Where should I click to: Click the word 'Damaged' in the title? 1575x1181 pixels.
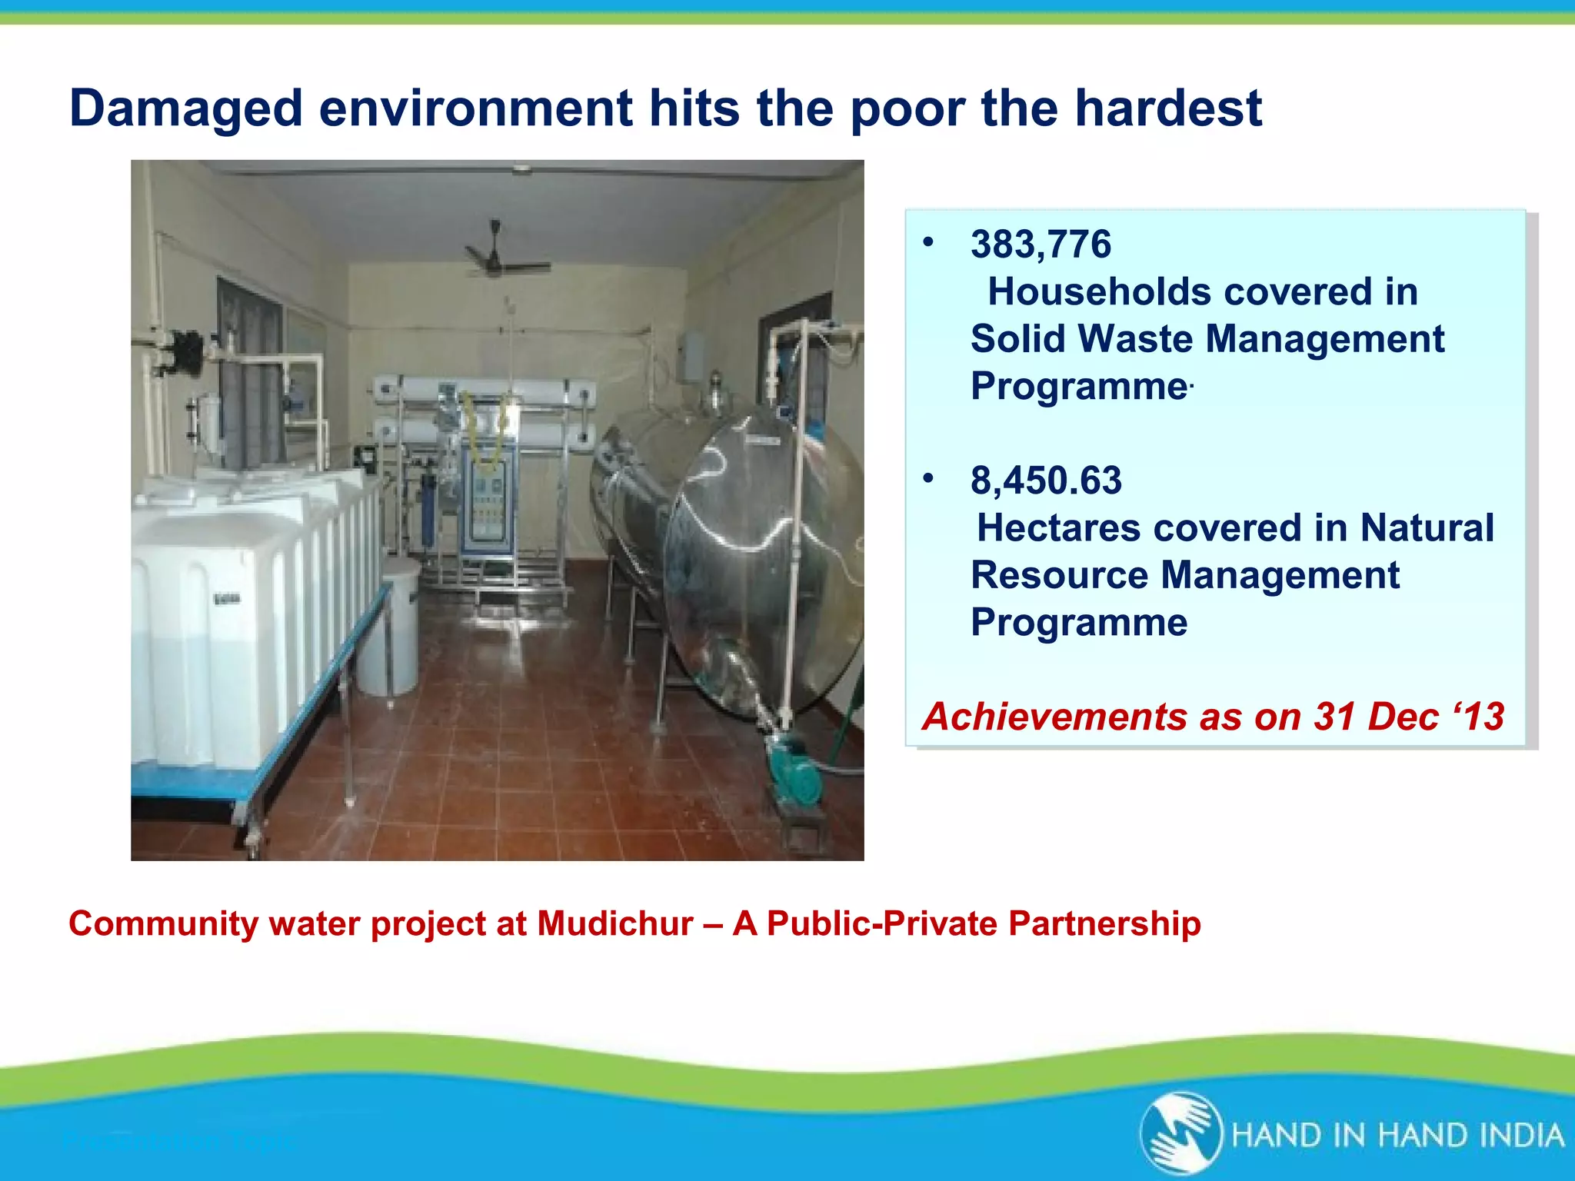186,108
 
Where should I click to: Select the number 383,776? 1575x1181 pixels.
1041,245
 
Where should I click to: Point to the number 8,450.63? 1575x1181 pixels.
1046,481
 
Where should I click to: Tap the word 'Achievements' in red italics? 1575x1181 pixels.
1043,717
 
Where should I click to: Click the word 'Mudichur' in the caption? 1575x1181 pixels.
615,923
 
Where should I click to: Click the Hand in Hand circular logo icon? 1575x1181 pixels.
1180,1133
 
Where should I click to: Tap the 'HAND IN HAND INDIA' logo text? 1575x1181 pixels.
1397,1136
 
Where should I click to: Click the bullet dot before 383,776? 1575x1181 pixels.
928,243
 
